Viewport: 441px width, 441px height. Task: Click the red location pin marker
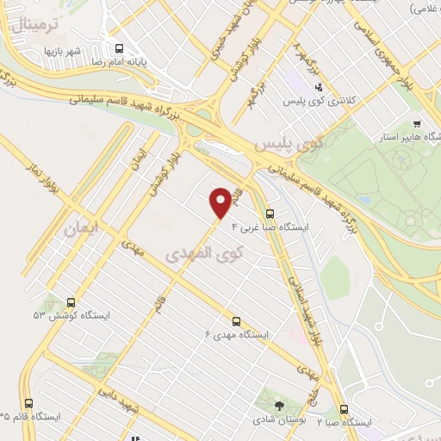pos(221,201)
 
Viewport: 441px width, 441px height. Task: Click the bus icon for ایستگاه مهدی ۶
pos(237,319)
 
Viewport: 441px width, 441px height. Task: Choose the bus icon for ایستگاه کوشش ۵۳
pos(71,303)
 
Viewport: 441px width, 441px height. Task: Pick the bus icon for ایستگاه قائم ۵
pos(28,403)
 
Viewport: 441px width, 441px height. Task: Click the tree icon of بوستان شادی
pos(278,405)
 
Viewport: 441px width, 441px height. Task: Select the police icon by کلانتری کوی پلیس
pos(319,87)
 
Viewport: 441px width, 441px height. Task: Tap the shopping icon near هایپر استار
pos(418,123)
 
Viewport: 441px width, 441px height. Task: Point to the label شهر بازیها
pos(63,51)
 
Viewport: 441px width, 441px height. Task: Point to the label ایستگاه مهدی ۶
pos(237,333)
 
